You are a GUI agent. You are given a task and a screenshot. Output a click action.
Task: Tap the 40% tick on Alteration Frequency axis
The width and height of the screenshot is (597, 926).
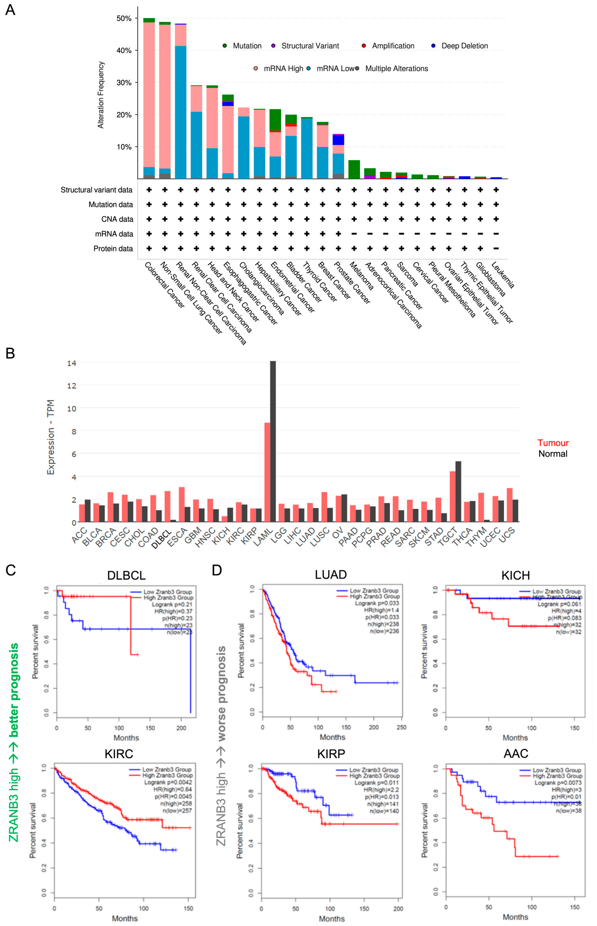(124, 50)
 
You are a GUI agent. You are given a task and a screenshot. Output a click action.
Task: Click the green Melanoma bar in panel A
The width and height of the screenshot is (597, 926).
(354, 170)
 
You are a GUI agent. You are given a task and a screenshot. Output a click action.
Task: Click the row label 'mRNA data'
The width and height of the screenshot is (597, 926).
(114, 234)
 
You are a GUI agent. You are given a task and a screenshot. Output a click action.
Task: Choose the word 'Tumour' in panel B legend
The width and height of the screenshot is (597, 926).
(553, 443)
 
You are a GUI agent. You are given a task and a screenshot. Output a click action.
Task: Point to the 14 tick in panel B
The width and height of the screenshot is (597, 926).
(72, 363)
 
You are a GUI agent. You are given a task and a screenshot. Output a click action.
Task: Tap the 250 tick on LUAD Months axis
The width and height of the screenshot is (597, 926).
(401, 727)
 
